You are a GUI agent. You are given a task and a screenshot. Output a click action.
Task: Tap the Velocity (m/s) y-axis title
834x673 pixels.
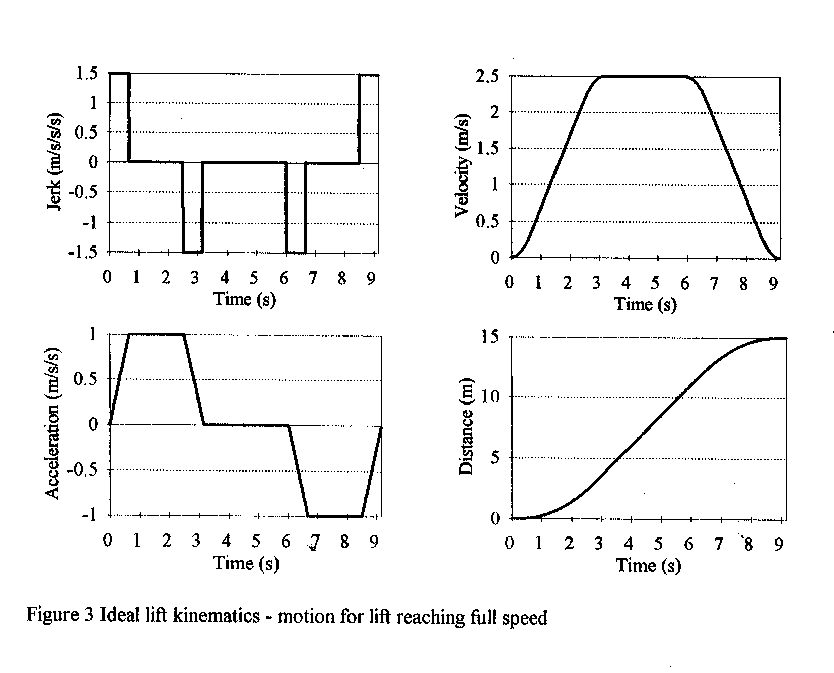tap(462, 166)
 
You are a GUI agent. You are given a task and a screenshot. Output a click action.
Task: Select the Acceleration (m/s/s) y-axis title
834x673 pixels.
tap(53, 423)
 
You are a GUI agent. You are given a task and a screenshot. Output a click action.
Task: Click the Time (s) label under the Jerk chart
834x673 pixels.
tap(245, 299)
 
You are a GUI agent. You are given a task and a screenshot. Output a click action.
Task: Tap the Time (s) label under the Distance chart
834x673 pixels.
tap(649, 565)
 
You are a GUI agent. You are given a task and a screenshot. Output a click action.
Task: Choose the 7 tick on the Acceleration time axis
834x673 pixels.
tap(315, 542)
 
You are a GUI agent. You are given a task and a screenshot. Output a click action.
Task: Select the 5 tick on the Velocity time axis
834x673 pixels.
tap(655, 284)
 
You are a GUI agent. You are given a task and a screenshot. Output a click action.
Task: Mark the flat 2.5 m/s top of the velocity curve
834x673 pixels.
tap(645, 77)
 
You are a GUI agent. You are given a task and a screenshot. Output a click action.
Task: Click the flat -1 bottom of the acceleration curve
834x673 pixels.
tap(335, 516)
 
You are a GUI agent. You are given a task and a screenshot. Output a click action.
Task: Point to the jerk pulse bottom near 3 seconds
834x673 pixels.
tap(193, 251)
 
